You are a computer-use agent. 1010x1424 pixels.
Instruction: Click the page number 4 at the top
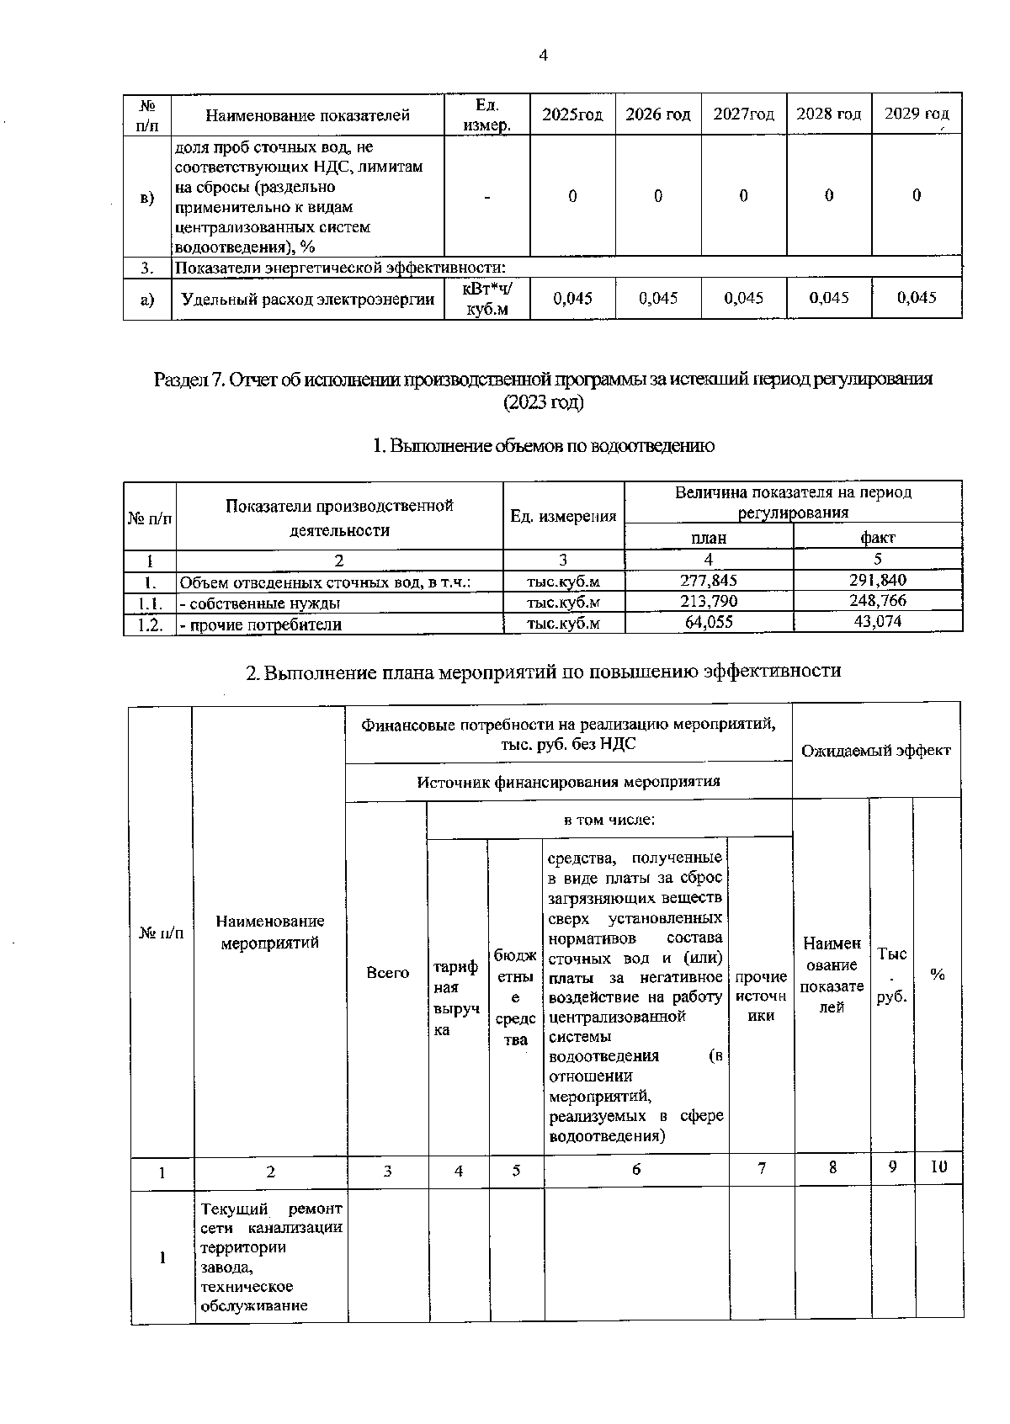tap(543, 56)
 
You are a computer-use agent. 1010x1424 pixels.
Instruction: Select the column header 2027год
tap(743, 114)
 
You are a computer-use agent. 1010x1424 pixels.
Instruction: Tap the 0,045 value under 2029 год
tap(917, 298)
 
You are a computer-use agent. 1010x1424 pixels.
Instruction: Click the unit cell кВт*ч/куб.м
tap(487, 300)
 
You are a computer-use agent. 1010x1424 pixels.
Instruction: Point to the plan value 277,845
tap(708, 580)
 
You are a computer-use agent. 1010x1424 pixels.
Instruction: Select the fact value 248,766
tap(878, 601)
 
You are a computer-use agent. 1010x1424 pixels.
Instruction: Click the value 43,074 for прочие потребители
tap(878, 622)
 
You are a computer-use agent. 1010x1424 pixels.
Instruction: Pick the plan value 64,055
tap(708, 622)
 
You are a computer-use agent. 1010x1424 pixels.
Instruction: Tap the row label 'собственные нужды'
tap(261, 603)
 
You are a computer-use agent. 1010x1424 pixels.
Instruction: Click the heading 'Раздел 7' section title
tap(543, 379)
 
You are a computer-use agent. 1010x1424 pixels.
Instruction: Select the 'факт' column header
tap(878, 537)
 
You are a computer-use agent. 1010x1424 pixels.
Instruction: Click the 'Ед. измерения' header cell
tap(563, 516)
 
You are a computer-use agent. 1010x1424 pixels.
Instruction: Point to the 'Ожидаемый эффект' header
tap(875, 750)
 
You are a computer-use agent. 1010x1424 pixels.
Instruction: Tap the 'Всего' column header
tap(387, 972)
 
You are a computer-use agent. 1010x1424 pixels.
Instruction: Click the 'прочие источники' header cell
tap(761, 996)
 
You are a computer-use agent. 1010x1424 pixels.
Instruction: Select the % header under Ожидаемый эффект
tap(938, 974)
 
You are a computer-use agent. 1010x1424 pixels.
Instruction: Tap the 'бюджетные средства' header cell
tap(515, 997)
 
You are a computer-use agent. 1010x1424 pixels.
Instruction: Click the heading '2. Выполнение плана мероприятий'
tap(543, 671)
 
